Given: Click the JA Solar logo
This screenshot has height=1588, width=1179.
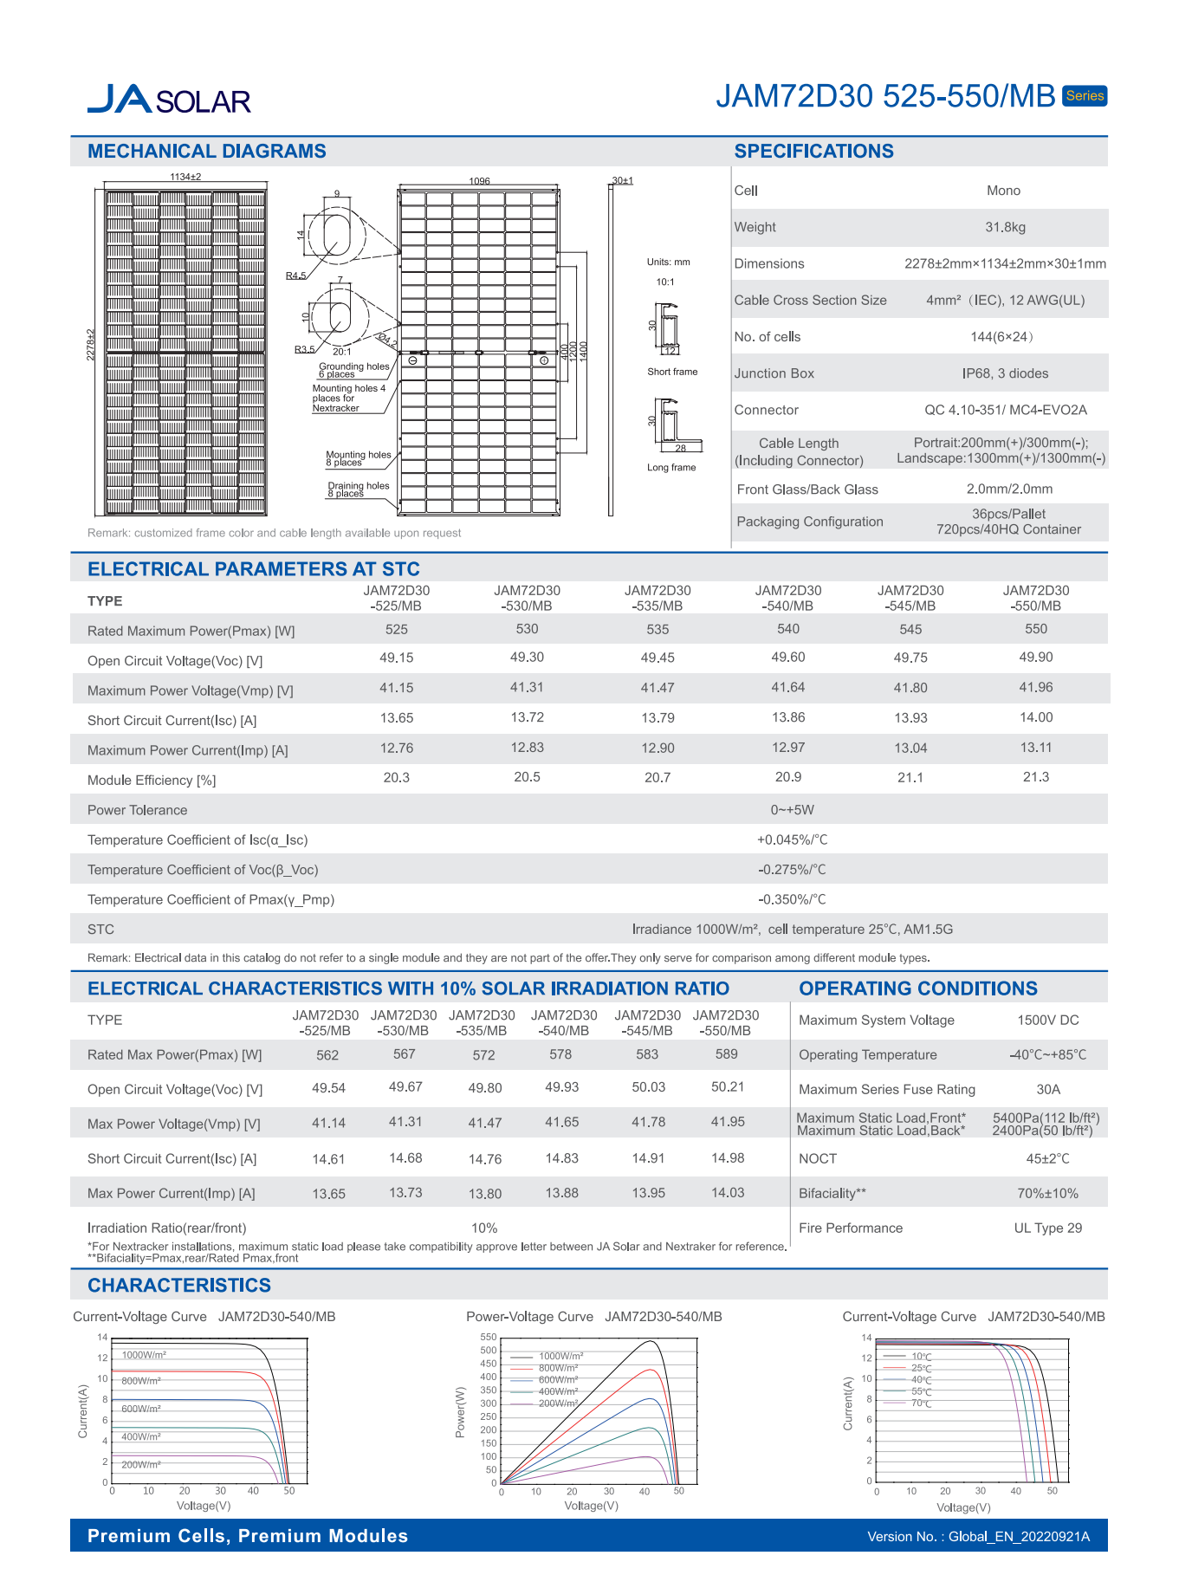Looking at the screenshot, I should coord(169,100).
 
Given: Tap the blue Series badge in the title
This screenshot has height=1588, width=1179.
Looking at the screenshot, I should coord(1085,96).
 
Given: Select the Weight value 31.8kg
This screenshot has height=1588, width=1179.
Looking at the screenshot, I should coord(1005,227).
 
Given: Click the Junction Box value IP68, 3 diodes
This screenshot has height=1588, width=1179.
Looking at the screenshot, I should coord(1005,373).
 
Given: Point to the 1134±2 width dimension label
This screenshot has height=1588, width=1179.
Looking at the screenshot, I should coord(185,177).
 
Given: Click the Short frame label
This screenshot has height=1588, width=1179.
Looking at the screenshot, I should coord(672,372).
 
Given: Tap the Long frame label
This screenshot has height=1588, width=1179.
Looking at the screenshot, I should coord(671,468).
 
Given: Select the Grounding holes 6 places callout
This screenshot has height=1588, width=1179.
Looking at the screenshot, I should coord(353,371).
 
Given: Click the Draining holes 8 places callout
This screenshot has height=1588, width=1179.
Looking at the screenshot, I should coord(358,489).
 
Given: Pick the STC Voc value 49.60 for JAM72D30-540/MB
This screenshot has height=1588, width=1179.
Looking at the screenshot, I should coord(787,658).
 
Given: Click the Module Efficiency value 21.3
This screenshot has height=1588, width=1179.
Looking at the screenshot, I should coord(1035,777).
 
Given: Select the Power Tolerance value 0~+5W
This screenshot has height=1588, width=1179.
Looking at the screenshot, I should coord(792,810).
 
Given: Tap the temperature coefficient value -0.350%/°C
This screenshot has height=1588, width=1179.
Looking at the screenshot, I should coord(792,899).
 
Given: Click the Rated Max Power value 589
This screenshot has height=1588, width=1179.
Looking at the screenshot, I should coord(726,1054).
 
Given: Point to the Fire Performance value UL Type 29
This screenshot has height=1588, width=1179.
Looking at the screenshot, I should coord(1047,1228).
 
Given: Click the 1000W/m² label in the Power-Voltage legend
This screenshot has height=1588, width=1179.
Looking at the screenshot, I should coord(560,1356).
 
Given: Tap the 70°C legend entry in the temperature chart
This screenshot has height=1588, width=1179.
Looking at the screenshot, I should coord(921,1403).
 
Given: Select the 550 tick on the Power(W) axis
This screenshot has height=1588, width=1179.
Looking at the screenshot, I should coord(489,1338).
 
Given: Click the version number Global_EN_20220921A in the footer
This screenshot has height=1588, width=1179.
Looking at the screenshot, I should coord(1019,1537).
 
